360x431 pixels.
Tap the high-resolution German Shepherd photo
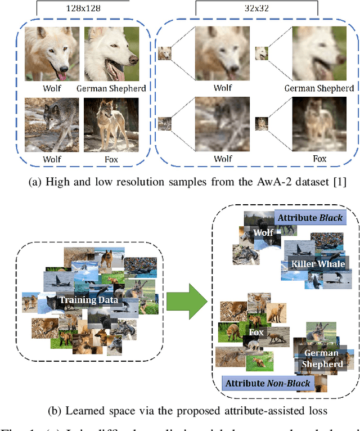coord(111,54)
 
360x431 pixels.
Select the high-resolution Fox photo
coord(111,125)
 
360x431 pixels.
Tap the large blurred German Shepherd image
coord(319,54)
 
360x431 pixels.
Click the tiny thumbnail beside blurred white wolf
coord(164,53)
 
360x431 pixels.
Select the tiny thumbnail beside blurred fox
coord(262,123)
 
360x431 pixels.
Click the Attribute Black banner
coord(309,218)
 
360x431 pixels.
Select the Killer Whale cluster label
coord(314,263)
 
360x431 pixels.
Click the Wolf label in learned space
coord(263,232)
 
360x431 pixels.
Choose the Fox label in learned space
coord(256,333)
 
